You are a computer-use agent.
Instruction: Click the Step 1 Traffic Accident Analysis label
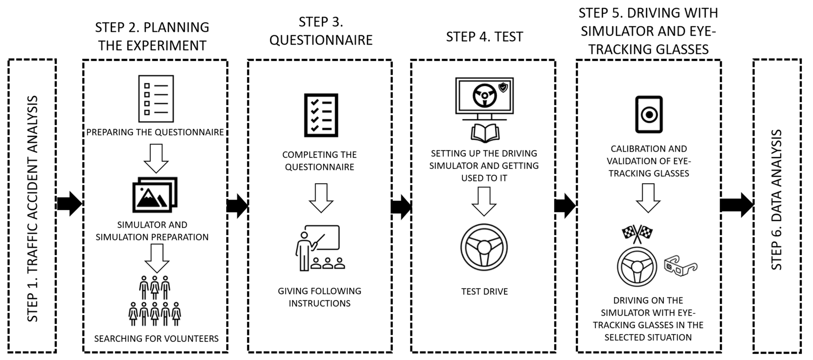pos(33,208)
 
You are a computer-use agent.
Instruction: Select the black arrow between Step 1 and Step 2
pos(69,203)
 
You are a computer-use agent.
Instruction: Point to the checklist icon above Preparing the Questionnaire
pos(156,99)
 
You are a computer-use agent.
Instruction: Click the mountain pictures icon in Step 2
pos(155,194)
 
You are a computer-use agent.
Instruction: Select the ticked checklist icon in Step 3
pos(321,115)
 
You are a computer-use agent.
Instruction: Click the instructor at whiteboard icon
pos(320,248)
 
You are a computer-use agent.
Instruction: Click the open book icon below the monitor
pos(485,132)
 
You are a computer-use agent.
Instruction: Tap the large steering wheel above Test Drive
pos(484,247)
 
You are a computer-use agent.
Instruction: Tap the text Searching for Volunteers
pos(156,338)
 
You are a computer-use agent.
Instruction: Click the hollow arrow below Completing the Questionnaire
pos(321,198)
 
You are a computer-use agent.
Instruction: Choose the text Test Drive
pos(484,291)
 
